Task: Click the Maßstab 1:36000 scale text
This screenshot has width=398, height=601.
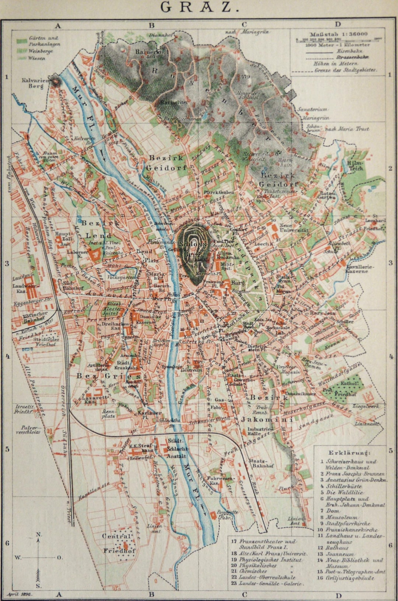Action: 338,34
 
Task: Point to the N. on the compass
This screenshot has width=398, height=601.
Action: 39,534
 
